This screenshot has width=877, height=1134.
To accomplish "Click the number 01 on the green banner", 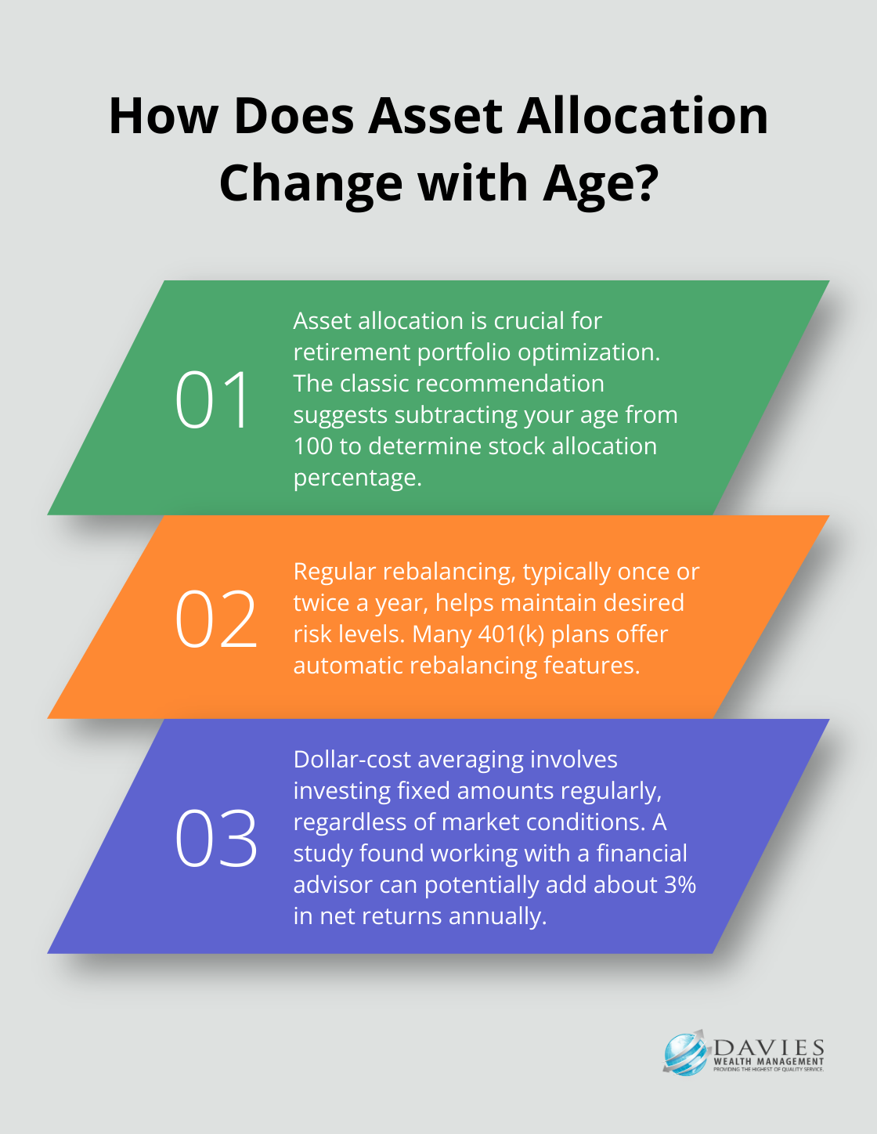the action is point(212,399).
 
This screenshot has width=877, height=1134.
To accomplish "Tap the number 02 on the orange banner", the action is point(216,619).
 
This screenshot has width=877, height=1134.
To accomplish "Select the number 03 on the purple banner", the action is point(216,838).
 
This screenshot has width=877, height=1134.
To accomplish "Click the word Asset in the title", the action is point(435,116).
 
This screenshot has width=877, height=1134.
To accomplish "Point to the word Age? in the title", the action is point(601,184).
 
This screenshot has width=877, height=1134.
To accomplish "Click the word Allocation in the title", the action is point(642,116).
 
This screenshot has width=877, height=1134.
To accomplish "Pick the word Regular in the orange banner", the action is point(334,572).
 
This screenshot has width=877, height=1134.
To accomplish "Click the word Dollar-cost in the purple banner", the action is point(352,760).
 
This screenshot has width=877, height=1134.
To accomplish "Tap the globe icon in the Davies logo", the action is point(685,1054).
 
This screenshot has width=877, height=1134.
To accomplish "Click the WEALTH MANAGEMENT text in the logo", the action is point(768,1062).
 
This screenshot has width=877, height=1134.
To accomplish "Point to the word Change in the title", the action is point(311,184).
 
